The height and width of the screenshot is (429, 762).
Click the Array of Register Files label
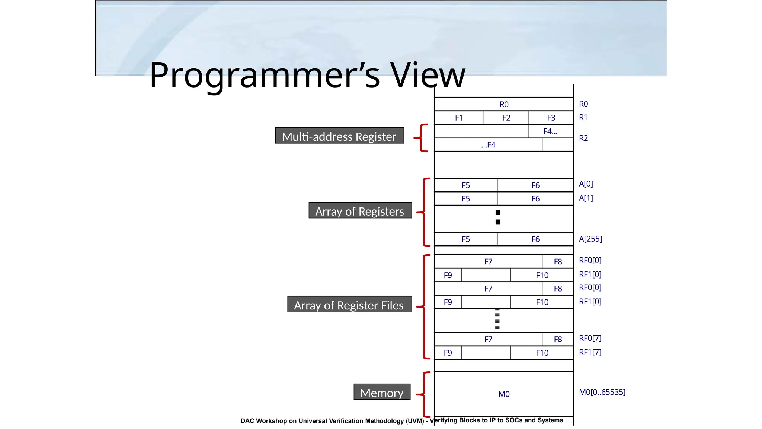pyautogui.click(x=349, y=305)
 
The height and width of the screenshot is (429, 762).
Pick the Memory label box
pyautogui.click(x=382, y=392)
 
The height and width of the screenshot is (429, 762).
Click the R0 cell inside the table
pyautogui.click(x=504, y=104)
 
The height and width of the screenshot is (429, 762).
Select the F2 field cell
pyautogui.click(x=506, y=118)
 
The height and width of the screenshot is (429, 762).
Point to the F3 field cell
pyautogui.click(x=551, y=118)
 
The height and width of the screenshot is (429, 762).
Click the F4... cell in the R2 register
pyautogui.click(x=550, y=131)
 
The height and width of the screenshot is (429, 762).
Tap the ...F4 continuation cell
pyautogui.click(x=488, y=145)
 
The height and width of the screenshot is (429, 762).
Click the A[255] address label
pyautogui.click(x=590, y=239)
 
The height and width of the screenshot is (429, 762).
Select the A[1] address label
pyautogui.click(x=586, y=198)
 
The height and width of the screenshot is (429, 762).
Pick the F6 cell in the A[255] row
pyautogui.click(x=535, y=239)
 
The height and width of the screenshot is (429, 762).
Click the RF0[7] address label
pyautogui.click(x=590, y=338)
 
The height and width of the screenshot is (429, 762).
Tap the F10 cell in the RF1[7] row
pyautogui.click(x=542, y=353)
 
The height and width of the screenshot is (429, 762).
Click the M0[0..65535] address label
pyautogui.click(x=602, y=392)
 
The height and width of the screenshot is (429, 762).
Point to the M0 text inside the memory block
pyautogui.click(x=504, y=394)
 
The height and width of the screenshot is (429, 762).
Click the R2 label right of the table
pyautogui.click(x=583, y=138)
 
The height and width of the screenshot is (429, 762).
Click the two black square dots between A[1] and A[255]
pyautogui.click(x=498, y=217)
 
